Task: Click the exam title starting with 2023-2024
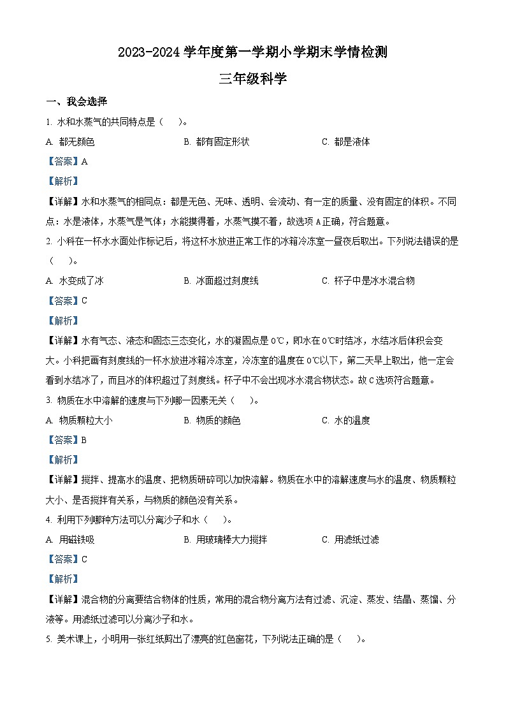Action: [x=252, y=53]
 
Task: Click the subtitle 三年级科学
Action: [x=252, y=79]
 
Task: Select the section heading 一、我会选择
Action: [x=76, y=102]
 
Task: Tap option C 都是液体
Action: [x=345, y=142]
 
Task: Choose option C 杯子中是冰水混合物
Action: [x=368, y=281]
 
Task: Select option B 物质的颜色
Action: [x=212, y=420]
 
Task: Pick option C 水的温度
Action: [x=345, y=420]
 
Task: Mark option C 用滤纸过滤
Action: [x=350, y=539]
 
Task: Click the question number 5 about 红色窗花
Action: [x=48, y=639]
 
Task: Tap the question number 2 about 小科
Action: [x=48, y=242]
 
